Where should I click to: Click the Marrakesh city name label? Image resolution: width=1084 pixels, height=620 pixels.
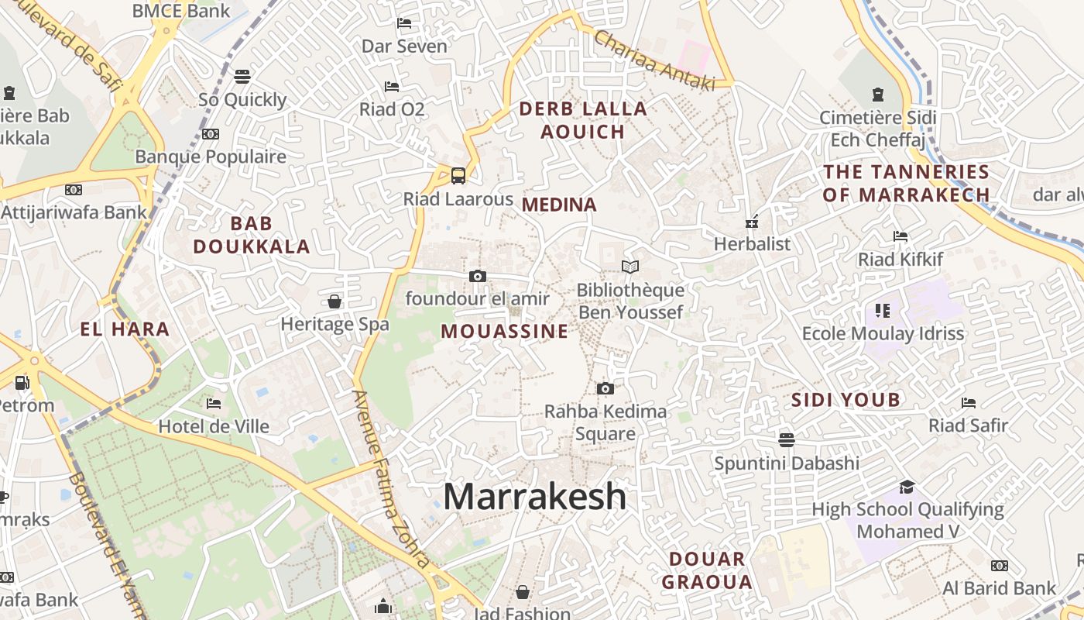pyautogui.click(x=534, y=496)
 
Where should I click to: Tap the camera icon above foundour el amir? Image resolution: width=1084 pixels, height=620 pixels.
pyautogui.click(x=478, y=276)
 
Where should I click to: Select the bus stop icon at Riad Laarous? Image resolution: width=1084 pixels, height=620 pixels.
pyautogui.click(x=458, y=175)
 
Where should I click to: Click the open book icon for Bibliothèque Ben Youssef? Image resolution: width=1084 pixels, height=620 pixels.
pyautogui.click(x=630, y=267)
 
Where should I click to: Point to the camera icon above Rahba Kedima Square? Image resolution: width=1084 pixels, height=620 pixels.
pyautogui.click(x=605, y=388)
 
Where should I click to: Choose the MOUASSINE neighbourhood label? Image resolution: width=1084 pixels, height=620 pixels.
pyautogui.click(x=505, y=332)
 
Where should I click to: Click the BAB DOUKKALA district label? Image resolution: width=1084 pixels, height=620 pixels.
pyautogui.click(x=252, y=236)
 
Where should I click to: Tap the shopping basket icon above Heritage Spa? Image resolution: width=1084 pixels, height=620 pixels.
pyautogui.click(x=334, y=301)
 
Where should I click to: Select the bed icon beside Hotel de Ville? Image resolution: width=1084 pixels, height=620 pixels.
pyautogui.click(x=214, y=404)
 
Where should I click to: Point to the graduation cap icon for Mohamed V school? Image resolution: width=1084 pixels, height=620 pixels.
pyautogui.click(x=907, y=487)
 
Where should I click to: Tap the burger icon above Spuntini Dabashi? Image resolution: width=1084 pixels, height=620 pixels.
pyautogui.click(x=787, y=440)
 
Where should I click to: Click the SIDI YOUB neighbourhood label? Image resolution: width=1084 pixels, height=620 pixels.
pyautogui.click(x=846, y=400)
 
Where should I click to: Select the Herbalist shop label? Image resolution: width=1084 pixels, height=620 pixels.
pyautogui.click(x=752, y=244)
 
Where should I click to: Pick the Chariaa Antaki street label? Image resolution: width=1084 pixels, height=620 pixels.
pyautogui.click(x=653, y=60)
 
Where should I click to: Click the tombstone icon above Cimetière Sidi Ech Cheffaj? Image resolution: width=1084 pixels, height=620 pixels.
pyautogui.click(x=878, y=95)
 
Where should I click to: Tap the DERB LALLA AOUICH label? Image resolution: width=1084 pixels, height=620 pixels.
pyautogui.click(x=583, y=120)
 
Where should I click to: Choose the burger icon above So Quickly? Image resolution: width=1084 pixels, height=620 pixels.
pyautogui.click(x=242, y=76)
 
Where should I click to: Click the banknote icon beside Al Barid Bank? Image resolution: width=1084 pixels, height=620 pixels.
pyautogui.click(x=1000, y=566)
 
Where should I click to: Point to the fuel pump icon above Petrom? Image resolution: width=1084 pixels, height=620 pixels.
pyautogui.click(x=22, y=382)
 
